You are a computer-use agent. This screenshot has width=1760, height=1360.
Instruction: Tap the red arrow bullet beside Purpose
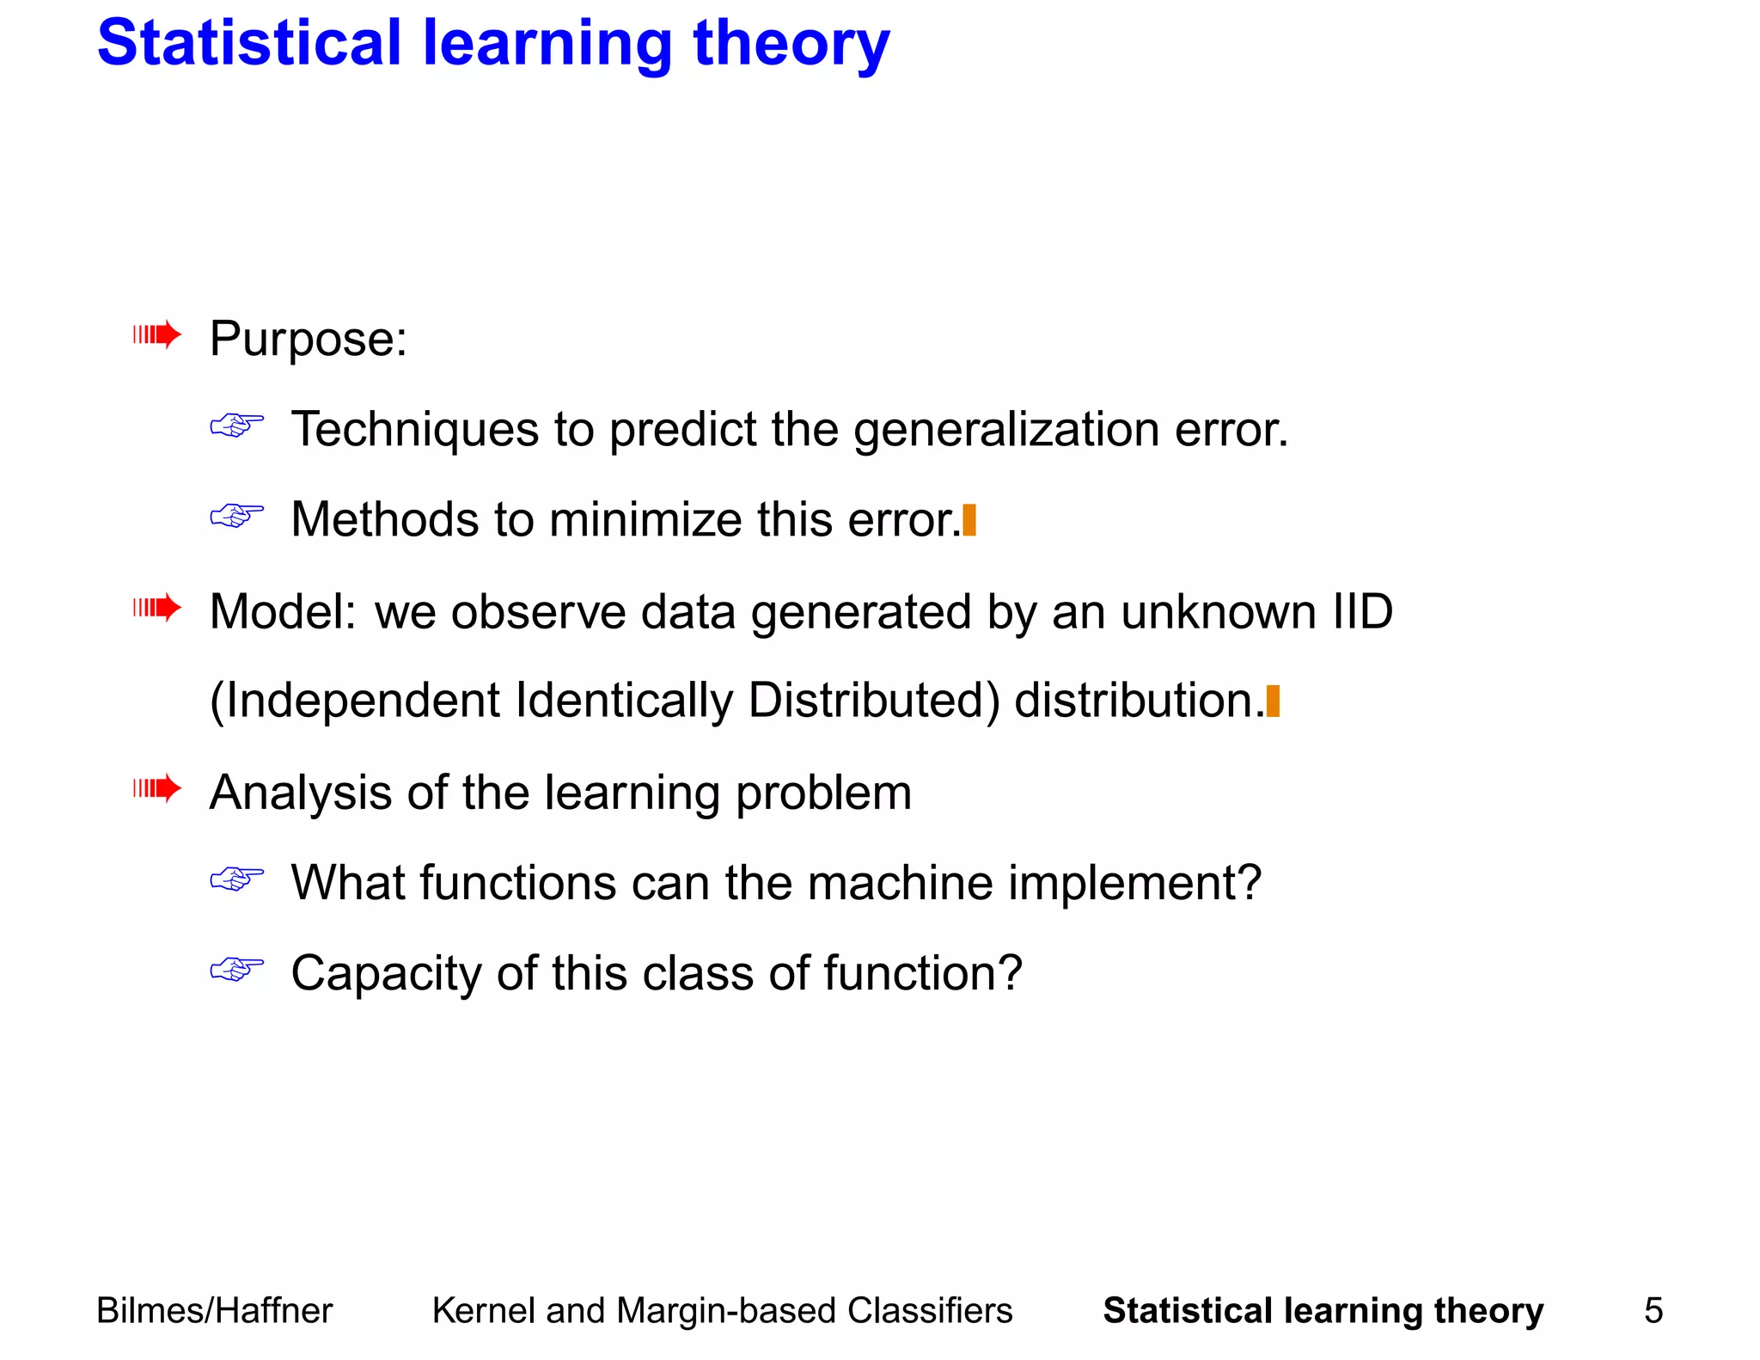pos(157,334)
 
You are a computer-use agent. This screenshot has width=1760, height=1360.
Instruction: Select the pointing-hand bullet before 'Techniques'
pos(236,425)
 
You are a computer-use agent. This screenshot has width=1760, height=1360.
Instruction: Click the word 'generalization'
pos(1005,430)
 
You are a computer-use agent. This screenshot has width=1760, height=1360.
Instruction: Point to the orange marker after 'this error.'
pos(969,520)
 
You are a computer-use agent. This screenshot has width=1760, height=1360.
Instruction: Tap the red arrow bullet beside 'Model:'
pos(157,609)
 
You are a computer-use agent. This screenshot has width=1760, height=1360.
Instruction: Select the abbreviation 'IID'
pos(1361,612)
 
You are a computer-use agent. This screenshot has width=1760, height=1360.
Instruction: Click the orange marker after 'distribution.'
pos(1273,701)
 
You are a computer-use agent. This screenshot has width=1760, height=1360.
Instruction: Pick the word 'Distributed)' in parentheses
pos(873,701)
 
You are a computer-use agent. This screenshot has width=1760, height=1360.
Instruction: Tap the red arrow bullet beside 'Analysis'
pos(157,788)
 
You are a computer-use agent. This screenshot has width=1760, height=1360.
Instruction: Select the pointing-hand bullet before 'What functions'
pos(236,879)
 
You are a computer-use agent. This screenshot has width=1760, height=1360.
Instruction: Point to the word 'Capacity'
pos(386,975)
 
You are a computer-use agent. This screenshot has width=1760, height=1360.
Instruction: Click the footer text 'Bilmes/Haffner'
pos(214,1311)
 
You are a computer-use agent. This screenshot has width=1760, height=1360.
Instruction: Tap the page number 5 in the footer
pos(1653,1311)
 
